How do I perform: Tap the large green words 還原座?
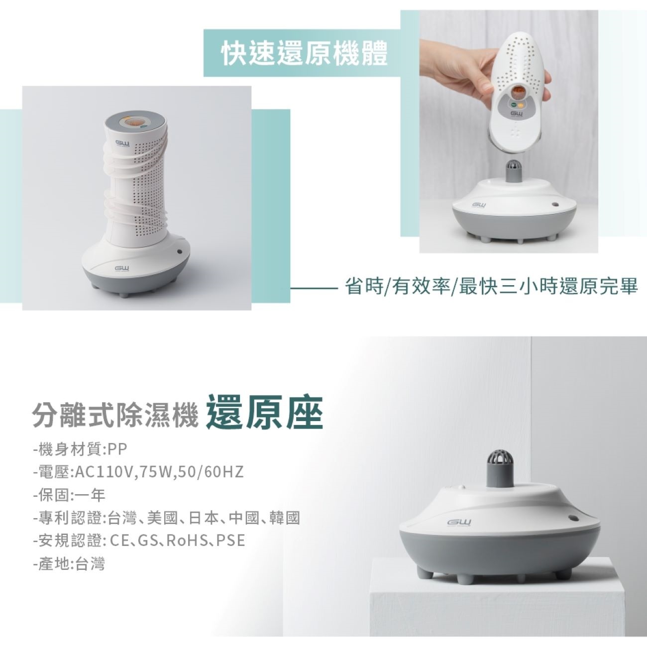click(265, 413)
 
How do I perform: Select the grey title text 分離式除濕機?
click(115, 416)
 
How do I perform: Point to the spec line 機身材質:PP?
click(80, 449)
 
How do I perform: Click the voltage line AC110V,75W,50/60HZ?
click(138, 472)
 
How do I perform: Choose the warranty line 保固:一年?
click(69, 495)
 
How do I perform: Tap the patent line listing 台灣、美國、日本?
click(167, 518)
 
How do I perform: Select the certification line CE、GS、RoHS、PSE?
click(139, 540)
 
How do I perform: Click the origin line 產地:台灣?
click(69, 563)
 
